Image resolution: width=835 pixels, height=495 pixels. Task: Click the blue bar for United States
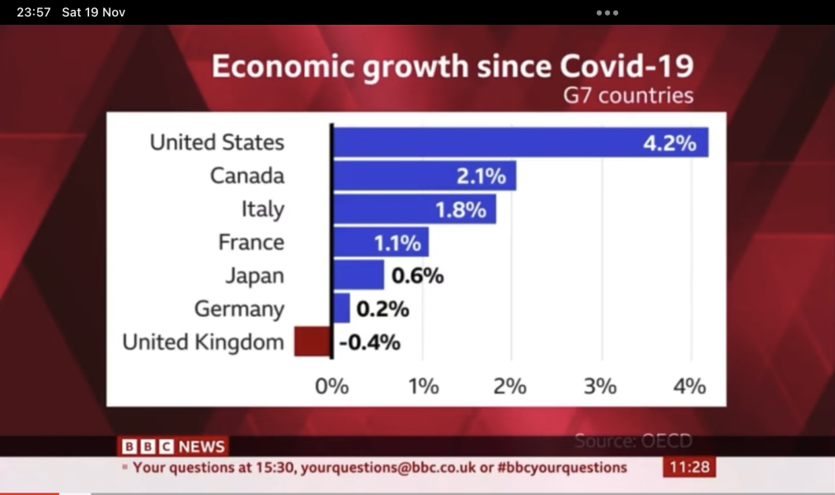click(x=519, y=142)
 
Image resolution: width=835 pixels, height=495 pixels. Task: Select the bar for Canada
click(x=424, y=176)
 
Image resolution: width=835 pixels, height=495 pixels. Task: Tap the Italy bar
click(x=414, y=209)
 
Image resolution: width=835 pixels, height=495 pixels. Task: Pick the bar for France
click(x=380, y=243)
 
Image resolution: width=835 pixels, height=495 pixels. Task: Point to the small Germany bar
click(x=341, y=309)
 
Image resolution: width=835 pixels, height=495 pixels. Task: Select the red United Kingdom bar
click(x=312, y=342)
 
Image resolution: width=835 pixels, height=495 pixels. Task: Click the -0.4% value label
click(x=369, y=342)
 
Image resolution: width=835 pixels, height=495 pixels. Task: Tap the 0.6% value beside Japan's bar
click(x=416, y=276)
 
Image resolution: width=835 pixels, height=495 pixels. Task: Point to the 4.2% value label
click(x=669, y=143)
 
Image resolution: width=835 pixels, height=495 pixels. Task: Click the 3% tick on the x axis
click(x=600, y=385)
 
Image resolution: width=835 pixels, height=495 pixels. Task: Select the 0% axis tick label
click(x=331, y=385)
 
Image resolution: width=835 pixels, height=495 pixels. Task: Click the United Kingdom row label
click(x=203, y=342)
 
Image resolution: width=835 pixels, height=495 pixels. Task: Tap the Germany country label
click(x=239, y=309)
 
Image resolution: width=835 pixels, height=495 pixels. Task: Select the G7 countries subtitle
click(x=628, y=96)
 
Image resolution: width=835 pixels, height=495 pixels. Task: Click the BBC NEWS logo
click(x=173, y=446)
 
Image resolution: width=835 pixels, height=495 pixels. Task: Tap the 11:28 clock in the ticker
click(x=689, y=467)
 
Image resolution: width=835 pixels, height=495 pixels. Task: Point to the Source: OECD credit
click(x=633, y=441)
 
